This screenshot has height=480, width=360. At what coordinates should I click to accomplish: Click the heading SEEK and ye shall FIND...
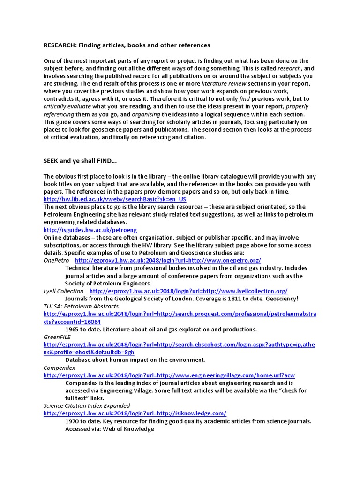(80, 161)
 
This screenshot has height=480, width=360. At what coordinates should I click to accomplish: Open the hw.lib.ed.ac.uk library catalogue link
(115, 199)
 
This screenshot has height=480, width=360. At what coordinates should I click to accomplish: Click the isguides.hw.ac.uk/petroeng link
(90, 230)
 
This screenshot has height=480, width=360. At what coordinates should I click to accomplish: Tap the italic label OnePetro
(56, 260)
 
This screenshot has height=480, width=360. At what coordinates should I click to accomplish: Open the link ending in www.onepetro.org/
(168, 260)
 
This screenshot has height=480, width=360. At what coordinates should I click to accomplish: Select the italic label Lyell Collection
(64, 291)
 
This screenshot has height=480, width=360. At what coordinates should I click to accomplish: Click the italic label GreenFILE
(56, 337)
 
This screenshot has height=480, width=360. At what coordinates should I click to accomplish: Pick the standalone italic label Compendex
(60, 367)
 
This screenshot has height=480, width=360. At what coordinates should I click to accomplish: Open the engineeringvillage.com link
(169, 375)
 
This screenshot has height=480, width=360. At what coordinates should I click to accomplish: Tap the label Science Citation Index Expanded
(87, 405)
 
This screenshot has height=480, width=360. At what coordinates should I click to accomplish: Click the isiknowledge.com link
(135, 413)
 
